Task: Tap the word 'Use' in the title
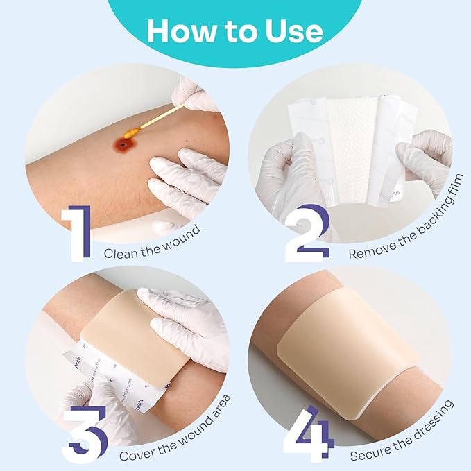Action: [x=291, y=31]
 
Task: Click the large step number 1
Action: [x=78, y=232]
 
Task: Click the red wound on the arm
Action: [x=124, y=146]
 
